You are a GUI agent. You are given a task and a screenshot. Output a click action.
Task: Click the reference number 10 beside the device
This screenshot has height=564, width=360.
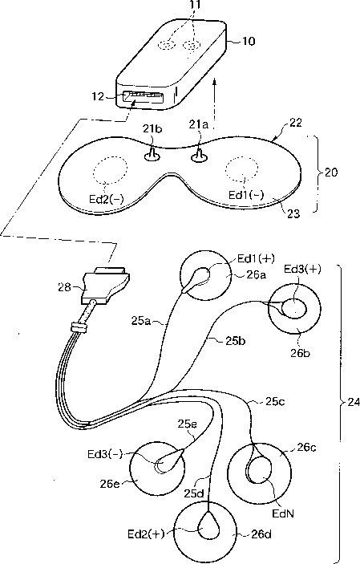tap(248, 41)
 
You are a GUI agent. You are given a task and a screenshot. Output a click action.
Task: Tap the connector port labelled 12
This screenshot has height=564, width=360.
tap(143, 98)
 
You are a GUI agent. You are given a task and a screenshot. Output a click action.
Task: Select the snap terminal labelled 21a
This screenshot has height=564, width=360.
tap(198, 154)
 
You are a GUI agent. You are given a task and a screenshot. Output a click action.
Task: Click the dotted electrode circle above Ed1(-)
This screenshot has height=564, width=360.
tap(241, 168)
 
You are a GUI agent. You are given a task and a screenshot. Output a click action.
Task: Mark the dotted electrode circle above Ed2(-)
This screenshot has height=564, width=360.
tap(110, 168)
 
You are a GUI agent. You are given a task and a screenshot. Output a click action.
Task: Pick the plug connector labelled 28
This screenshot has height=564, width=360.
tap(105, 284)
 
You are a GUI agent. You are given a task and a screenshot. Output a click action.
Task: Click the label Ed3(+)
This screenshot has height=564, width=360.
tap(302, 269)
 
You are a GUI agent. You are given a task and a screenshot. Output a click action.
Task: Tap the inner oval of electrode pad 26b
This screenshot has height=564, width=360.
tap(294, 309)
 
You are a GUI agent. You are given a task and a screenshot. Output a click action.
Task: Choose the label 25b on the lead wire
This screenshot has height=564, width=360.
tap(236, 340)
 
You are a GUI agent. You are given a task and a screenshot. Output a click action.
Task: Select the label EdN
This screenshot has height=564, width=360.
tap(283, 513)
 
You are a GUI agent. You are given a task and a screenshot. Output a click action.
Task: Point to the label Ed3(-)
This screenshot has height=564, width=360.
tap(105, 454)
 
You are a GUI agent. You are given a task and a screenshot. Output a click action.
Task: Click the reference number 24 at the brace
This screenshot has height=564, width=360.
tap(354, 402)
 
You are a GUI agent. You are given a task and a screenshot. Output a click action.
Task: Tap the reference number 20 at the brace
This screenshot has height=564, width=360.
tap(331, 172)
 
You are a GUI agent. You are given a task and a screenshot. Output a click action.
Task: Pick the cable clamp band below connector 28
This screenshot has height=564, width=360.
tap(79, 327)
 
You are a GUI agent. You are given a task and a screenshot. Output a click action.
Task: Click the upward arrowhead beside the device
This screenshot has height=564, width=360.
tap(215, 83)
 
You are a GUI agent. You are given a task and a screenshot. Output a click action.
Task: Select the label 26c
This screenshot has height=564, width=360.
tap(306, 448)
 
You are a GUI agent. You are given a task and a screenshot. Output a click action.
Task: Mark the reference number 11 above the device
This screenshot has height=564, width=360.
tap(196, 4)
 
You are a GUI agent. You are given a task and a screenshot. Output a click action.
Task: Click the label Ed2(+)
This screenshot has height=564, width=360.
tap(146, 534)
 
